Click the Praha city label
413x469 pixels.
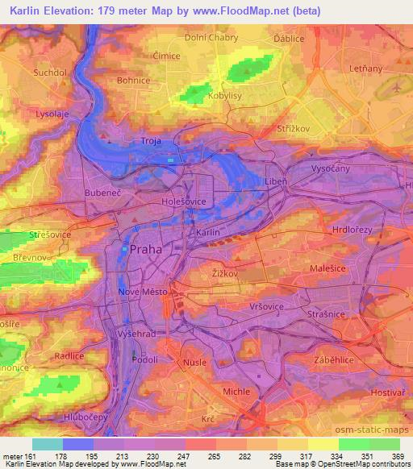pos(146,250)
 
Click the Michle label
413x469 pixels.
pos(237,391)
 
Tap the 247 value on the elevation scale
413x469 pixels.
pos(183,455)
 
